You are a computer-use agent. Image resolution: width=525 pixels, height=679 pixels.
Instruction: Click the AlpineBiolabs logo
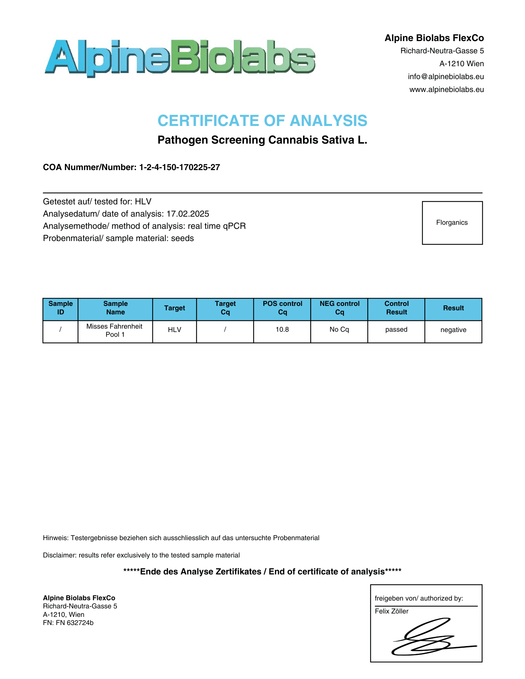tap(180, 57)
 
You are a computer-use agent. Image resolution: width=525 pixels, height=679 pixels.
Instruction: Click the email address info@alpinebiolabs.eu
tap(445, 77)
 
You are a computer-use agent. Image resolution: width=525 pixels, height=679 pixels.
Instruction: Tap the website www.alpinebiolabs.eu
tap(446, 90)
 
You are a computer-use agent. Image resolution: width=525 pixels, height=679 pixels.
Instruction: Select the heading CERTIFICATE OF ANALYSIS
tap(262, 121)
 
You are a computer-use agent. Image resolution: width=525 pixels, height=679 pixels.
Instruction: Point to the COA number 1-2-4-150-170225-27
tap(179, 167)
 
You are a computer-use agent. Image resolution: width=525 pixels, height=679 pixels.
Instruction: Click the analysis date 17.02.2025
tap(188, 214)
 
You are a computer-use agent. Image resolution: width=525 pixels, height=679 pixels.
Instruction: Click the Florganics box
tap(452, 223)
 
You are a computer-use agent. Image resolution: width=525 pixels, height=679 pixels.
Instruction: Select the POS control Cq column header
tap(282, 308)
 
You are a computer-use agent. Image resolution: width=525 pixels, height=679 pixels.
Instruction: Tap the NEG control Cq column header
tap(339, 308)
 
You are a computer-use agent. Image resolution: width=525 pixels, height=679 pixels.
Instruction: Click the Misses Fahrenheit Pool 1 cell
tap(115, 330)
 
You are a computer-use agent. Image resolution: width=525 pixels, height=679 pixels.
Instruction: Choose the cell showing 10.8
tap(282, 330)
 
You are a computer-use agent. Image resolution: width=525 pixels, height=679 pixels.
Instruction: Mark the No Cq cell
tap(339, 330)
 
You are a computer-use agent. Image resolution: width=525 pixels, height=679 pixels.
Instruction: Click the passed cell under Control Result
tap(396, 330)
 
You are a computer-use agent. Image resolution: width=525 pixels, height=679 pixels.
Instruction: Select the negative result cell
tap(453, 330)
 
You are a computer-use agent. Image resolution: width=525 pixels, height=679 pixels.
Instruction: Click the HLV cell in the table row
tap(174, 330)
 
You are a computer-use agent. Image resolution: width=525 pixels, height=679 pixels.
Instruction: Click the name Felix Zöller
tap(391, 611)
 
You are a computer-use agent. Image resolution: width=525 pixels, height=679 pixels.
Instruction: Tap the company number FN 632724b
tap(75, 623)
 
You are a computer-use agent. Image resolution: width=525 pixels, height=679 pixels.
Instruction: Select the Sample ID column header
tap(60, 308)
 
